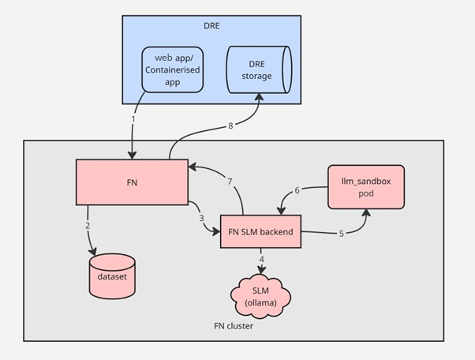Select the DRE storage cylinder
[259, 70]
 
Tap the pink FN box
[132, 182]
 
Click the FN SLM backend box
[261, 231]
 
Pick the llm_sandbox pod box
[366, 187]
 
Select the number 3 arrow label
[201, 217]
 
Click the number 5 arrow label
[341, 233]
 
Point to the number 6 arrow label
[297, 190]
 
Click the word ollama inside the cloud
[261, 303]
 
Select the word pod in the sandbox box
[366, 193]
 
